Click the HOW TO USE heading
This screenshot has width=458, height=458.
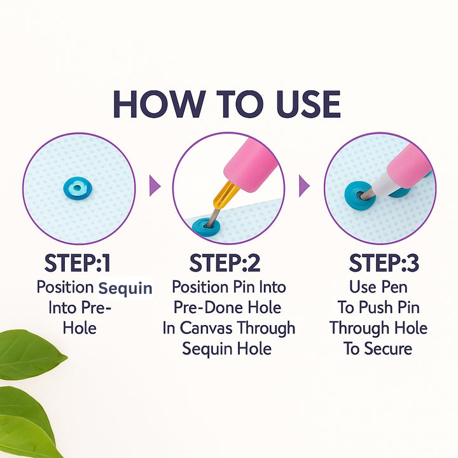pos(227,104)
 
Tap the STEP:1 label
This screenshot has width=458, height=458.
pos(78,263)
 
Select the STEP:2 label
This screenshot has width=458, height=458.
pos(225,263)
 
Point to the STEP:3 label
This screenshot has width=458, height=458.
pos(384,263)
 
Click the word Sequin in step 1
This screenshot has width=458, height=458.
pos(125,288)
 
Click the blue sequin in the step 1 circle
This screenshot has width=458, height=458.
pos(78,188)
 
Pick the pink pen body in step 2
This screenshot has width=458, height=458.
pos(251,165)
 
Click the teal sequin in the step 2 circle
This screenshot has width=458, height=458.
pos(206,226)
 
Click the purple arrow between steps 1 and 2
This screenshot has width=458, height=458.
pos(155,186)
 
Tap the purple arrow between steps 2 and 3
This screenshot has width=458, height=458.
pos(304,186)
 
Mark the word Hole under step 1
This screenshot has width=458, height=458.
pos(80,328)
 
